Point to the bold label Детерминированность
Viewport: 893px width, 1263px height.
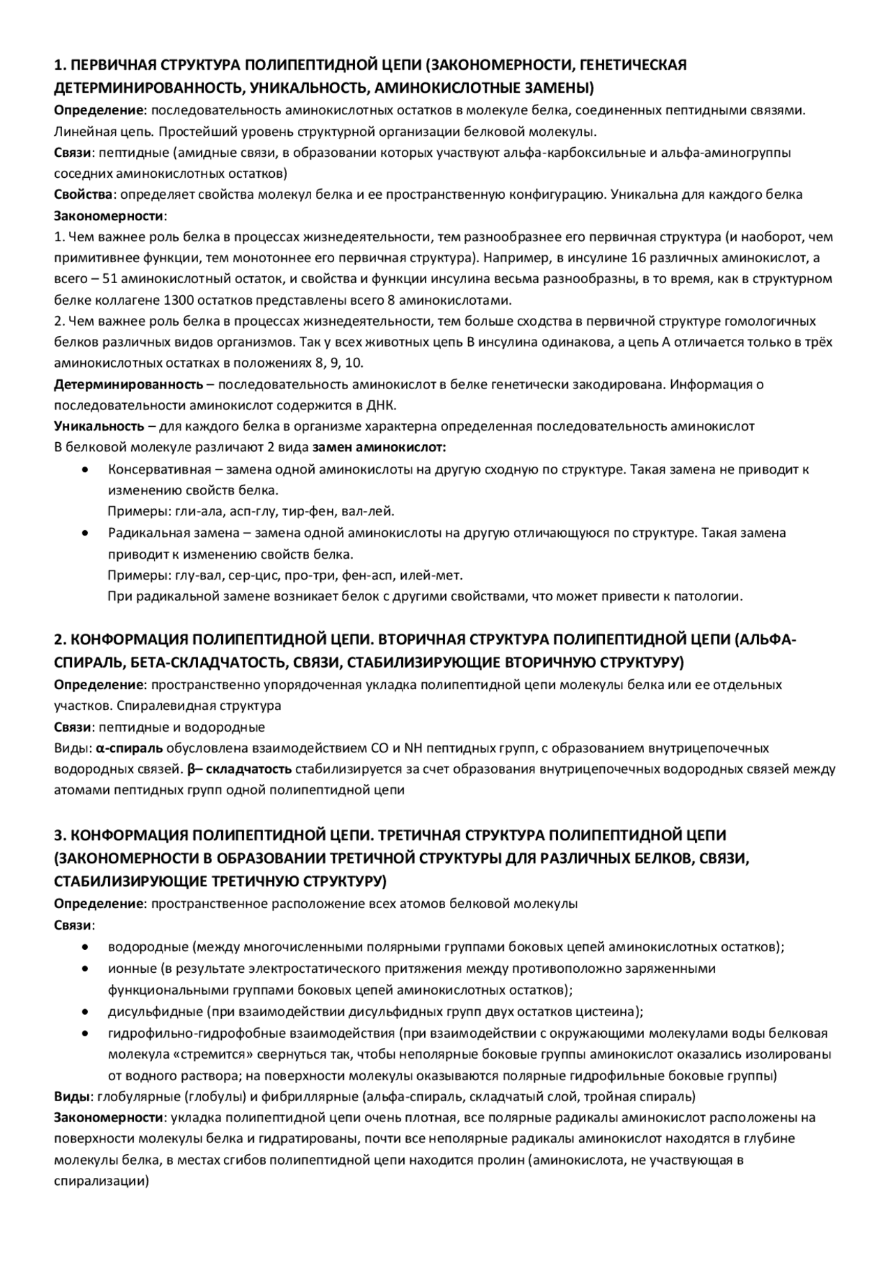click(128, 384)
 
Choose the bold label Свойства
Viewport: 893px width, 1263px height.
click(83, 195)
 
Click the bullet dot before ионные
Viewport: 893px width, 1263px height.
click(84, 969)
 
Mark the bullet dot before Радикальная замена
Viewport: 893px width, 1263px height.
click(84, 533)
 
